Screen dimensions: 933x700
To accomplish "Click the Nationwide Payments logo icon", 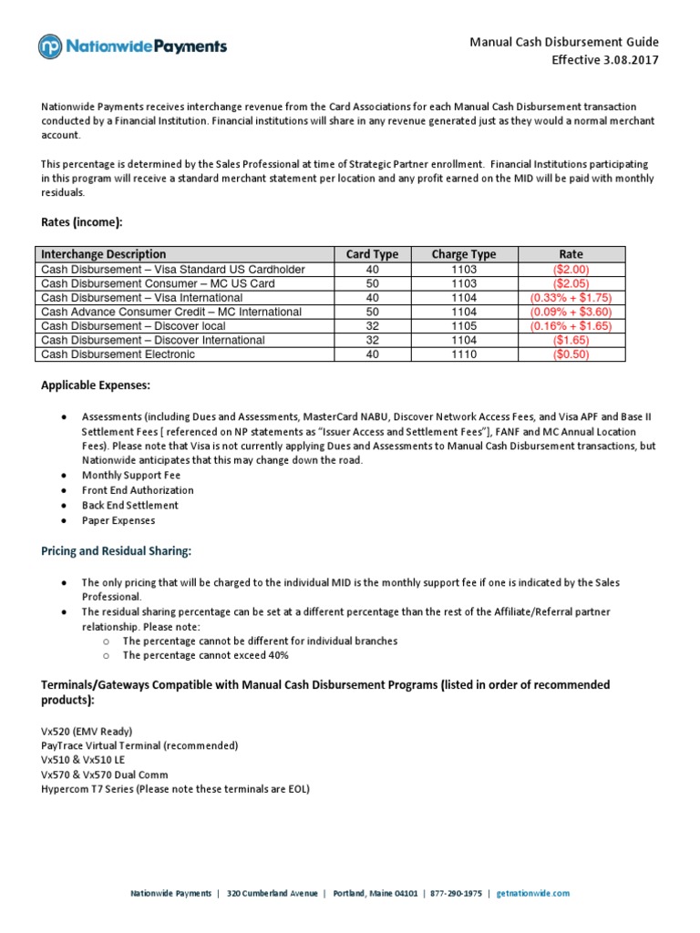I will (50, 46).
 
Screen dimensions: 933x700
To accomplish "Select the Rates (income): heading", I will (81, 221).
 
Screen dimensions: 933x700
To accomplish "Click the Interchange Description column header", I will (104, 254).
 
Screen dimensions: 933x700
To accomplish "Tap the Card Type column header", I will (372, 254).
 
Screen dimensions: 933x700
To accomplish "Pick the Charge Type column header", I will (464, 254).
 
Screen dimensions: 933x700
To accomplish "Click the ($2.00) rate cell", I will (571, 270).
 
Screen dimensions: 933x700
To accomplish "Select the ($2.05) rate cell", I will (571, 283).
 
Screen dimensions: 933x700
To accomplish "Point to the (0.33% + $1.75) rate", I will (571, 298).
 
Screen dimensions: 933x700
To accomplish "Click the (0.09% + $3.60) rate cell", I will (571, 312).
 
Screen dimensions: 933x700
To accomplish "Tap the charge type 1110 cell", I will (464, 354).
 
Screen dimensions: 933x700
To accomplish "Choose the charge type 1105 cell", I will (464, 326).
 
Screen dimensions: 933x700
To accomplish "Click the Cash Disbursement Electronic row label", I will (118, 354).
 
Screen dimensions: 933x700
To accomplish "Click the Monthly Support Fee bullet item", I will (131, 476).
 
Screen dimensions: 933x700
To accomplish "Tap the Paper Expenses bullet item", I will (118, 520).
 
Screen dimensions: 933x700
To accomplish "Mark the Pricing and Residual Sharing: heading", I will (116, 551).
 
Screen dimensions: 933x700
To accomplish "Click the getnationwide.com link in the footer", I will (533, 894).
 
